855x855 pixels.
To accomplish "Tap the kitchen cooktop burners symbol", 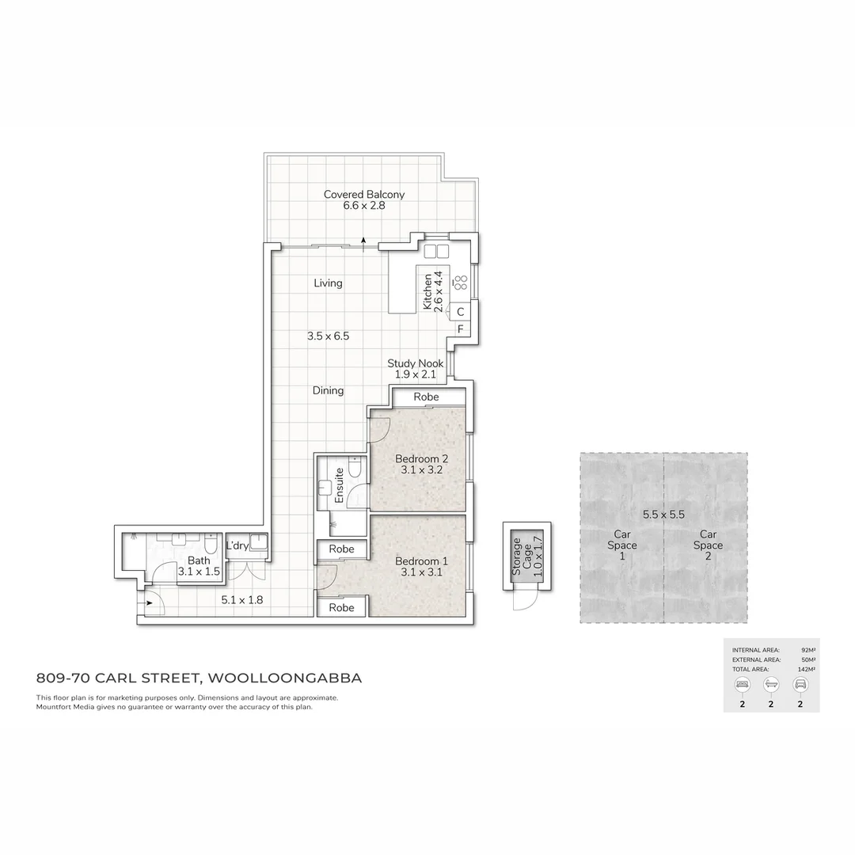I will tap(460, 283).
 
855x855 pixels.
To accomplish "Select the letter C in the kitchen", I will tap(460, 313).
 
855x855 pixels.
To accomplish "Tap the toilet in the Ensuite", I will tap(354, 470).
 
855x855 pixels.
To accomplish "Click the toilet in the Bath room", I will tap(211, 546).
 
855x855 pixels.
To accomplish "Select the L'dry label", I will tap(237, 546).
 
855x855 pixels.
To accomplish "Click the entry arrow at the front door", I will tap(148, 604).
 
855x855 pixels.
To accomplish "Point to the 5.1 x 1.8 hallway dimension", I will tap(242, 600).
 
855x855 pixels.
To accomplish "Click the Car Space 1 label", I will tap(621, 545).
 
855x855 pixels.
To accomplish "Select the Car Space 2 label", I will tap(708, 545).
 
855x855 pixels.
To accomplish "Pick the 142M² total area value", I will tap(807, 670).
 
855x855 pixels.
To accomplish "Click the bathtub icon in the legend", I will tap(771, 684).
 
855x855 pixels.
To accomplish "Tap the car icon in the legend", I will tap(800, 684).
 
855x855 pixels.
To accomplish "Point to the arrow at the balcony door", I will tap(363, 241).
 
